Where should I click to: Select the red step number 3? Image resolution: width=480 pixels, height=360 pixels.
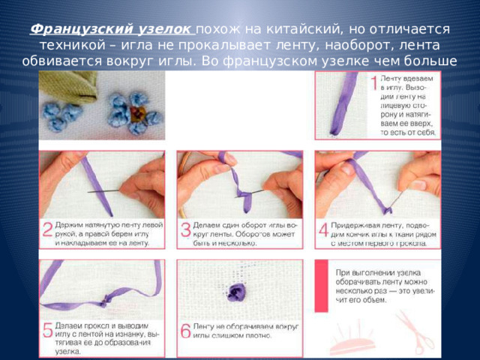[x=185, y=229]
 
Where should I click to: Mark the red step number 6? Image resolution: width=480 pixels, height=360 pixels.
[x=185, y=330]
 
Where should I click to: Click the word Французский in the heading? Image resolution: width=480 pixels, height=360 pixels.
[x=71, y=28]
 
